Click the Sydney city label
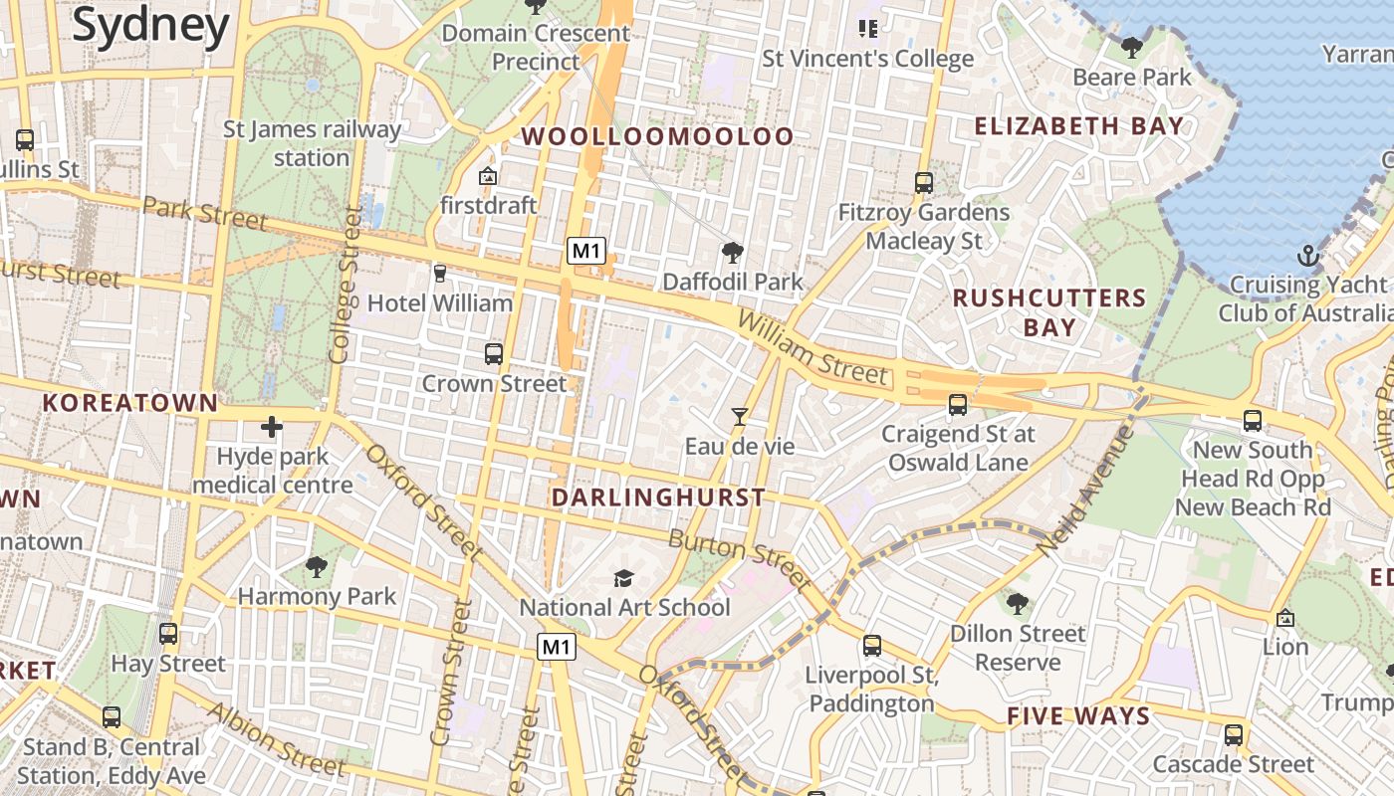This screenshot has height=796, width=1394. (150, 27)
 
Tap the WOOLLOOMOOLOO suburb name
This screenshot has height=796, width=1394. (658, 136)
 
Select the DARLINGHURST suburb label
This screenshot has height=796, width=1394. (658, 497)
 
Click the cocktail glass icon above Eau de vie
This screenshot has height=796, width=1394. (739, 417)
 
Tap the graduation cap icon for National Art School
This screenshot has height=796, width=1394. (623, 578)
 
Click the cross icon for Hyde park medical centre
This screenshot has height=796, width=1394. (271, 428)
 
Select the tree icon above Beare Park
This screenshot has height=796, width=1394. (1131, 47)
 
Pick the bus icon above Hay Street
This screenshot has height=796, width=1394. (168, 634)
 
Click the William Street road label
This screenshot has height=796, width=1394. (812, 347)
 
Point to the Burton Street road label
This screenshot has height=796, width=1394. (738, 558)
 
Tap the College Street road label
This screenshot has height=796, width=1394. (345, 285)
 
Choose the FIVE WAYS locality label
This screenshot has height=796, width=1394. (1078, 716)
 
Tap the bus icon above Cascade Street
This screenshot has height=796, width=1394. (1233, 735)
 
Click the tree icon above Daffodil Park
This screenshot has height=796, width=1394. (732, 253)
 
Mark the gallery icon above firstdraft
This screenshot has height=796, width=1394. (488, 176)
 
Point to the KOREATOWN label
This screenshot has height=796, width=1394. (129, 403)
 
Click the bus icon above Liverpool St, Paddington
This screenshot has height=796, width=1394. (872, 646)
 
